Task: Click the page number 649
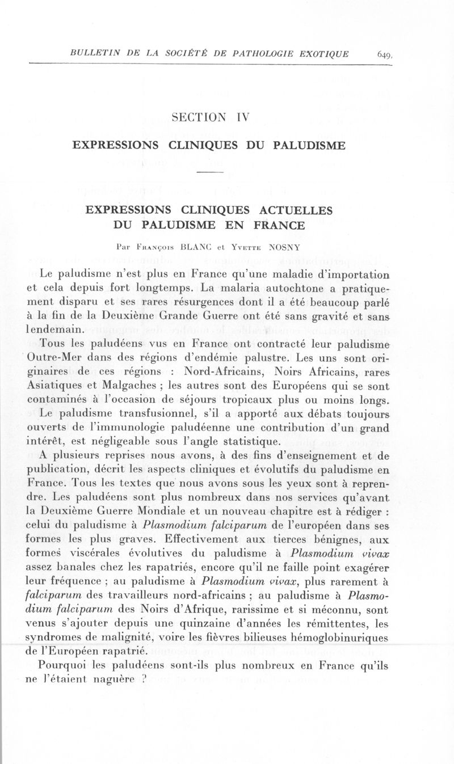click(384, 54)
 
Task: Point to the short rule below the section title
click(212, 171)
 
